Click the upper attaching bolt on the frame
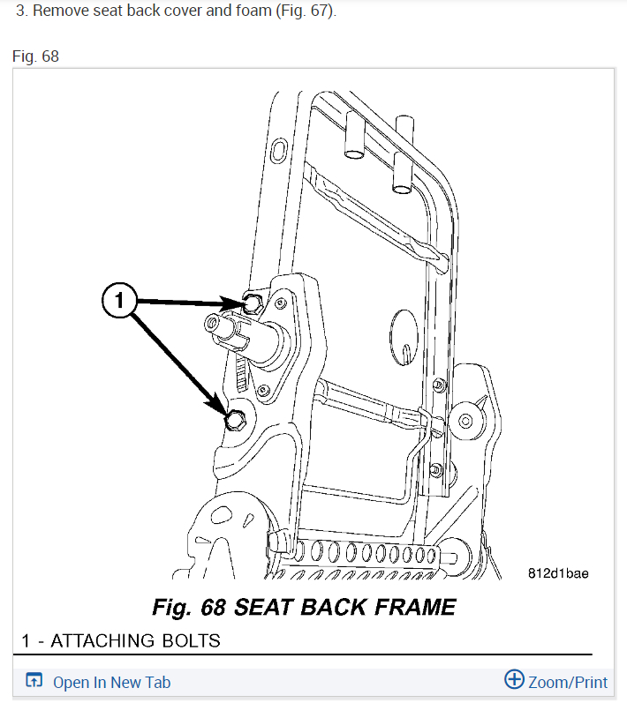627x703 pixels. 251,303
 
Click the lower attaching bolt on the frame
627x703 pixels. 235,420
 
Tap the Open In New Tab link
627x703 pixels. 111,682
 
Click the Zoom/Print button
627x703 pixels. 567,682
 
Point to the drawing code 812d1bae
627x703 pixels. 558,573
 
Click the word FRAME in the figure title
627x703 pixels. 412,607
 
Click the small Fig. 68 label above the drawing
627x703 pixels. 35,56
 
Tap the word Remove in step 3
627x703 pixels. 59,13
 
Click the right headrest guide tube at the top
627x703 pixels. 404,159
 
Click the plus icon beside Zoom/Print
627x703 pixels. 514,680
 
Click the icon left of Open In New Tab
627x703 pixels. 34,682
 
